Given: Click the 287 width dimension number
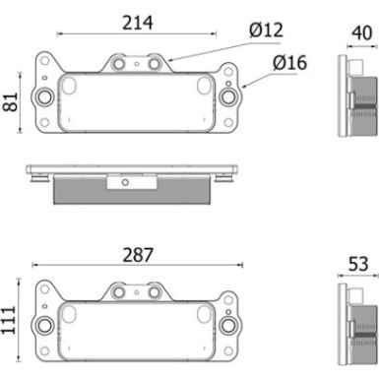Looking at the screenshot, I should tap(139, 255).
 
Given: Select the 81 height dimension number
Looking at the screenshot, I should tap(12, 100).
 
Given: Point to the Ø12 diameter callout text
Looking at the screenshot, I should tap(266, 31).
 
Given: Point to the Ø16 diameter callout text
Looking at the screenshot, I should tap(290, 63).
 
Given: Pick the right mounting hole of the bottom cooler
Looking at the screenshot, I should tap(230, 325).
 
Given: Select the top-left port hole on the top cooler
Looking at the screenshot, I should tap(120, 65).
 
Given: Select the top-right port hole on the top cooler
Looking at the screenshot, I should tap(155, 65).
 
